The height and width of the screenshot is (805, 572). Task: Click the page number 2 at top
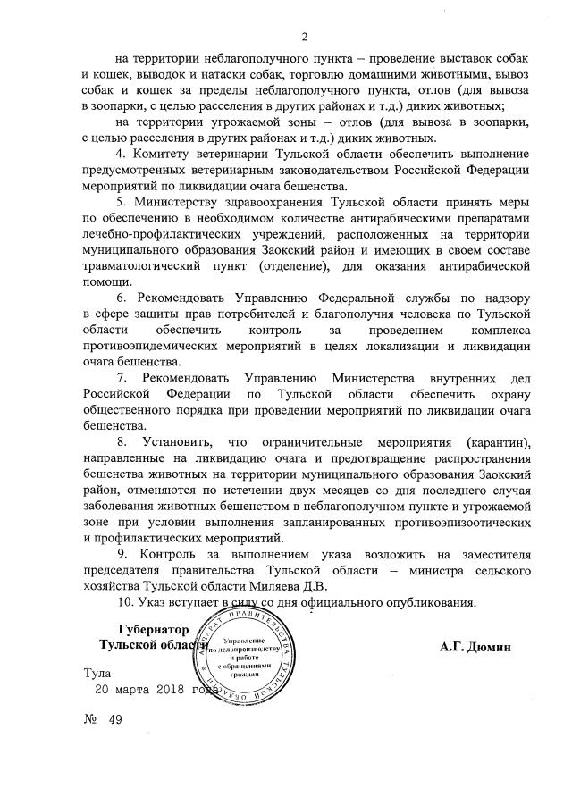click(305, 38)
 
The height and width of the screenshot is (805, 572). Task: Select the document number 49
click(114, 720)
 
